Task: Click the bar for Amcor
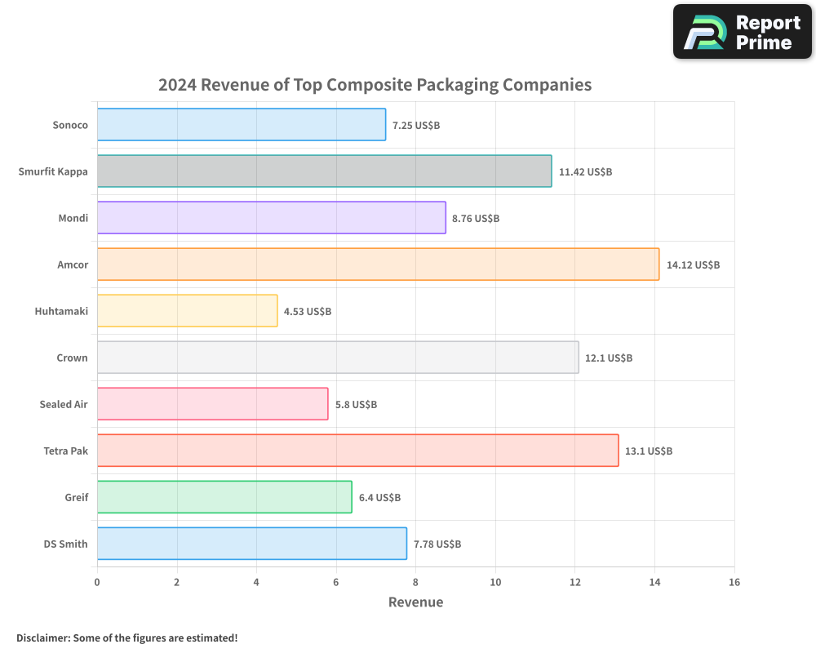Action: pos(378,264)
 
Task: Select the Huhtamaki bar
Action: pos(187,311)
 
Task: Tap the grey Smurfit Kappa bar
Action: pos(324,171)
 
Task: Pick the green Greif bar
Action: pos(224,497)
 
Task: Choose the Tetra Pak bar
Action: pos(357,451)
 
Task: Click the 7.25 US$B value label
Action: pos(416,126)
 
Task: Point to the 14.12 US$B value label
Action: pos(693,265)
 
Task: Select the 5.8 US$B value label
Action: pos(356,405)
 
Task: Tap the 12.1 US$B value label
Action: pos(609,358)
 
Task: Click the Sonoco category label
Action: pos(70,125)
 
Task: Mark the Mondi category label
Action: pos(73,218)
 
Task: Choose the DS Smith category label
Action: pos(66,544)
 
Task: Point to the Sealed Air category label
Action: pos(64,404)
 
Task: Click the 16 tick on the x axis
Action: pos(734,582)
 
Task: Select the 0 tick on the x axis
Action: pos(97,582)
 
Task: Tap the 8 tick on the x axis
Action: pos(415,582)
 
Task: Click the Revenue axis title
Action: pos(415,602)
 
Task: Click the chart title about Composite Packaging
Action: pos(375,85)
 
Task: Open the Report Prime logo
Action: pos(743,32)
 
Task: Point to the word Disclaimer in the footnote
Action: pos(42,637)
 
